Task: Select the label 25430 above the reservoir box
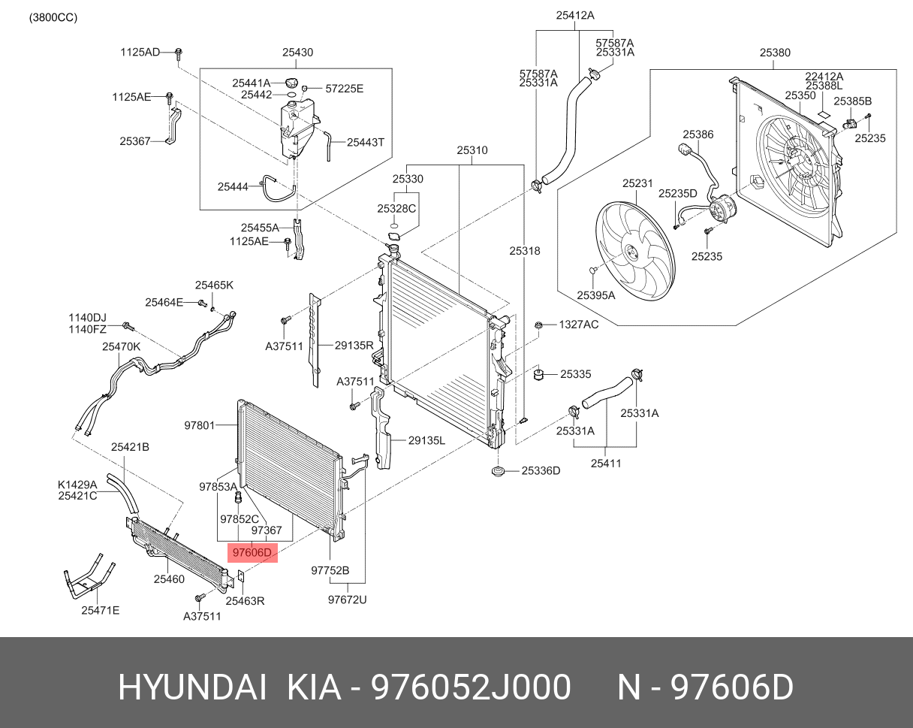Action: point(297,53)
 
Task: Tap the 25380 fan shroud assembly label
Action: point(774,53)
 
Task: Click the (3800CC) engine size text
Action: point(53,17)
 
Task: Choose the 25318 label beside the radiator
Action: point(524,251)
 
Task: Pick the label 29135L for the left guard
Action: point(426,441)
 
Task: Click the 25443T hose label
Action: point(365,141)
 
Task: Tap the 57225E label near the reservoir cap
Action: point(344,89)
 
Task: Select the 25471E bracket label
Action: point(100,610)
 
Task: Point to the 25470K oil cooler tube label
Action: point(121,347)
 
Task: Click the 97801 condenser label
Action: point(200,425)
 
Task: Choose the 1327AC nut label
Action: point(578,325)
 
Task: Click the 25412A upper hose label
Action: point(575,15)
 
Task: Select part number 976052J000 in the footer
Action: point(472,687)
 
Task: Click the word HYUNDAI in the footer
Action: point(192,687)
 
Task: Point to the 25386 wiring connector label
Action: point(698,134)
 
